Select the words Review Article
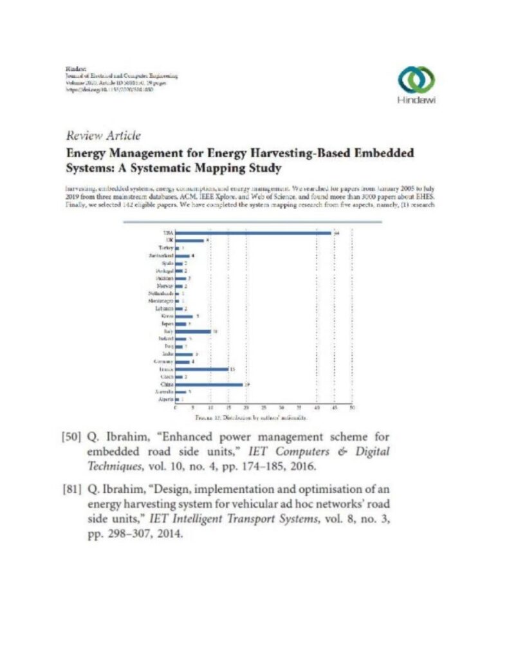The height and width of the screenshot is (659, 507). coord(103,136)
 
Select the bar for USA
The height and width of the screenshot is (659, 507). coord(253,233)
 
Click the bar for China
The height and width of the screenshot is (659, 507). coord(208,384)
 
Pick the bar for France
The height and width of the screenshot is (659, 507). coord(201,369)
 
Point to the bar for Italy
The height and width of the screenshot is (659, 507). coord(192,331)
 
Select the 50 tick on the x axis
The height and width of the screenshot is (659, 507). coord(351,408)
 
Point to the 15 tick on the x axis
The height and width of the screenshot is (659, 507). coord(228,408)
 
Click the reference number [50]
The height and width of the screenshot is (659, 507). coord(70,438)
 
